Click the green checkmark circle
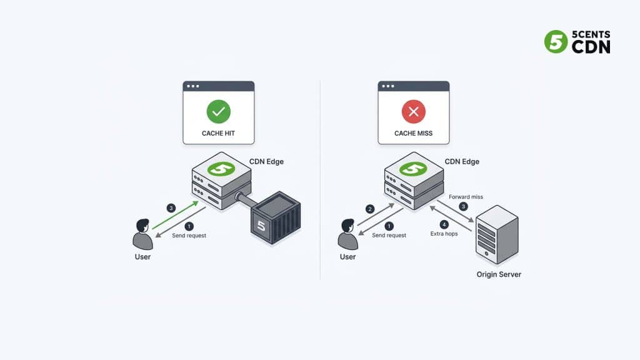tap(219, 112)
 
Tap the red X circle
tap(413, 112)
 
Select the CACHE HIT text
tap(218, 133)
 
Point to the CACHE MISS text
tap(413, 133)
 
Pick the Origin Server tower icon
tap(496, 235)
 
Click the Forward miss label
tap(466, 197)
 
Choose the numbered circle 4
tap(444, 224)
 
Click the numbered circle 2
tap(370, 209)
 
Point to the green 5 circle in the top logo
tap(556, 42)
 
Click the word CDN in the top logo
tap(591, 47)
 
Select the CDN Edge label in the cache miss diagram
tap(462, 161)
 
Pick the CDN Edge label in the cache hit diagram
tap(266, 161)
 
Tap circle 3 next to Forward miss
tap(463, 206)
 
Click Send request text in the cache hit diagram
tap(189, 236)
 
